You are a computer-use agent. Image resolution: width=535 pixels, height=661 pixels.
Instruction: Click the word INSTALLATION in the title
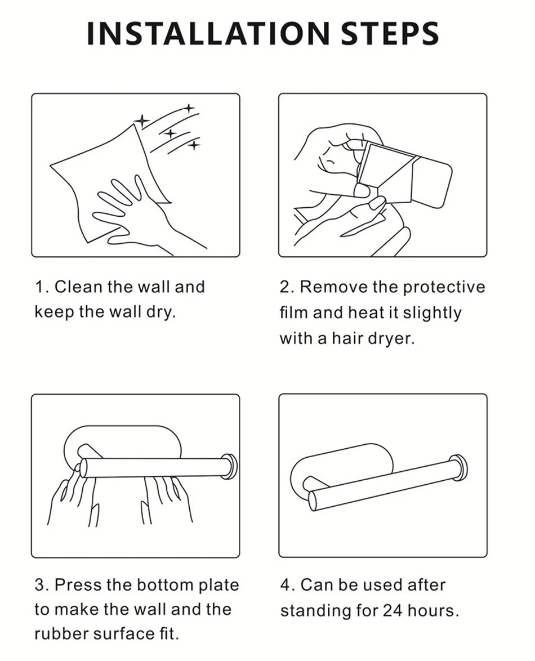207,34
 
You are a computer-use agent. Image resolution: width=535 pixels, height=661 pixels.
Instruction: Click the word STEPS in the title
390,34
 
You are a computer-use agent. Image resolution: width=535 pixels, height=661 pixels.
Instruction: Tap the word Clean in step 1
79,287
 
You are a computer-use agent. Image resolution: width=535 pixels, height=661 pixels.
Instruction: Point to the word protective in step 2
444,288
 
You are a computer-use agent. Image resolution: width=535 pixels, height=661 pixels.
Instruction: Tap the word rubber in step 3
61,634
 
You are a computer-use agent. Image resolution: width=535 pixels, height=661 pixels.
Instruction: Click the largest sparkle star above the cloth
142,122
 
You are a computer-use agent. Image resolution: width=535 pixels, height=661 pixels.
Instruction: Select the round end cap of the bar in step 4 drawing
460,468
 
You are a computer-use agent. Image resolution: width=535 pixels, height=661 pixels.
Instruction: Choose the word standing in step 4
329,611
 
